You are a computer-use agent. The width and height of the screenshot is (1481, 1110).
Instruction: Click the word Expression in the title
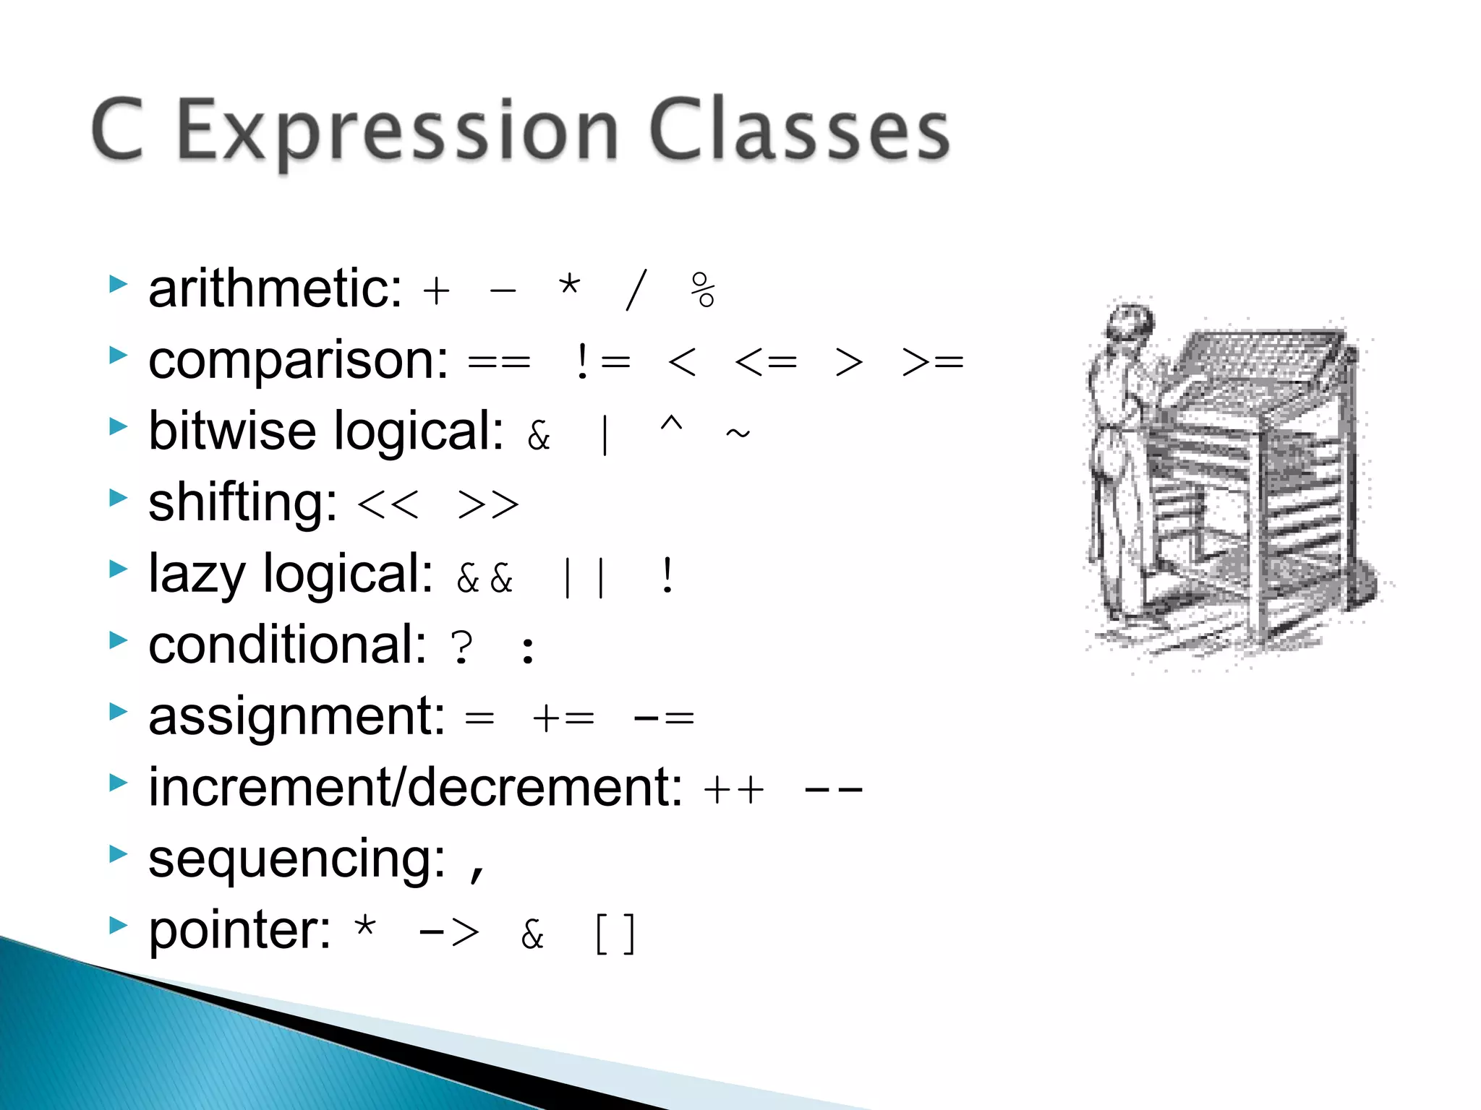[397, 132]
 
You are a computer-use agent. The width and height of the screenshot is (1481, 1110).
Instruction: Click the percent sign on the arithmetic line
[702, 291]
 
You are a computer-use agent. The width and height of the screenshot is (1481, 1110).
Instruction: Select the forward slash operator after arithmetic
[636, 290]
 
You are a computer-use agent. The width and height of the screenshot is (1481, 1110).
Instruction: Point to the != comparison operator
[603, 361]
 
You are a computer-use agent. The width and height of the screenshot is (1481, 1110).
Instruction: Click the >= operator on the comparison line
[932, 361]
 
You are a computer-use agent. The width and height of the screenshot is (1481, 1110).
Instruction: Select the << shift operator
[388, 504]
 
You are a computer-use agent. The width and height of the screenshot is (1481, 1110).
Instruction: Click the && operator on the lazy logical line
[485, 577]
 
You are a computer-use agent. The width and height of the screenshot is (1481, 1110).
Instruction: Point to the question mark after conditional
[461, 647]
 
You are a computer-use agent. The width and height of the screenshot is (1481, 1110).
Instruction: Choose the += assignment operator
[563, 718]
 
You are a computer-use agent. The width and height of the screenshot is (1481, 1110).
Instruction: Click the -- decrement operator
[833, 789]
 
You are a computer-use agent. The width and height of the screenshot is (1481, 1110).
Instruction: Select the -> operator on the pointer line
[448, 932]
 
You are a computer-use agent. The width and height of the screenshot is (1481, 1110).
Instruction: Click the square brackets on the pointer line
[615, 934]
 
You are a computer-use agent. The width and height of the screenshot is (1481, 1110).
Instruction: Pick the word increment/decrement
[415, 787]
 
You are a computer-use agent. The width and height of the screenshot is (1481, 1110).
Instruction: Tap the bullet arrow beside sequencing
[118, 854]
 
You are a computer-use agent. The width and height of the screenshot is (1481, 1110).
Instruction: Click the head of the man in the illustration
[1130, 322]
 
